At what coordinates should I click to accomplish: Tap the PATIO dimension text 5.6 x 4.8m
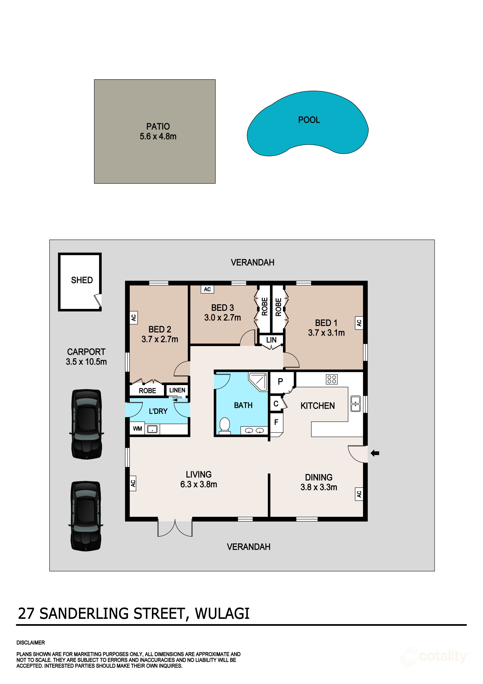pyautogui.click(x=158, y=136)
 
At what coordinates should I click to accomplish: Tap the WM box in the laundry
pyautogui.click(x=137, y=429)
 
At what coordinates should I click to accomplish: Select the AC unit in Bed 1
pyautogui.click(x=359, y=323)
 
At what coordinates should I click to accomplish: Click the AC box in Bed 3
pyautogui.click(x=207, y=289)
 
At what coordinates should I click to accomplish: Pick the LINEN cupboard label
pyautogui.click(x=177, y=390)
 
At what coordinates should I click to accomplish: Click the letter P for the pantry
pyautogui.click(x=280, y=382)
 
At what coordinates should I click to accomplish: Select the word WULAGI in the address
pyautogui.click(x=222, y=613)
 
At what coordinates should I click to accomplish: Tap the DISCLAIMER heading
pyautogui.click(x=31, y=643)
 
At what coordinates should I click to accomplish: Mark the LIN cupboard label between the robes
pyautogui.click(x=271, y=340)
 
